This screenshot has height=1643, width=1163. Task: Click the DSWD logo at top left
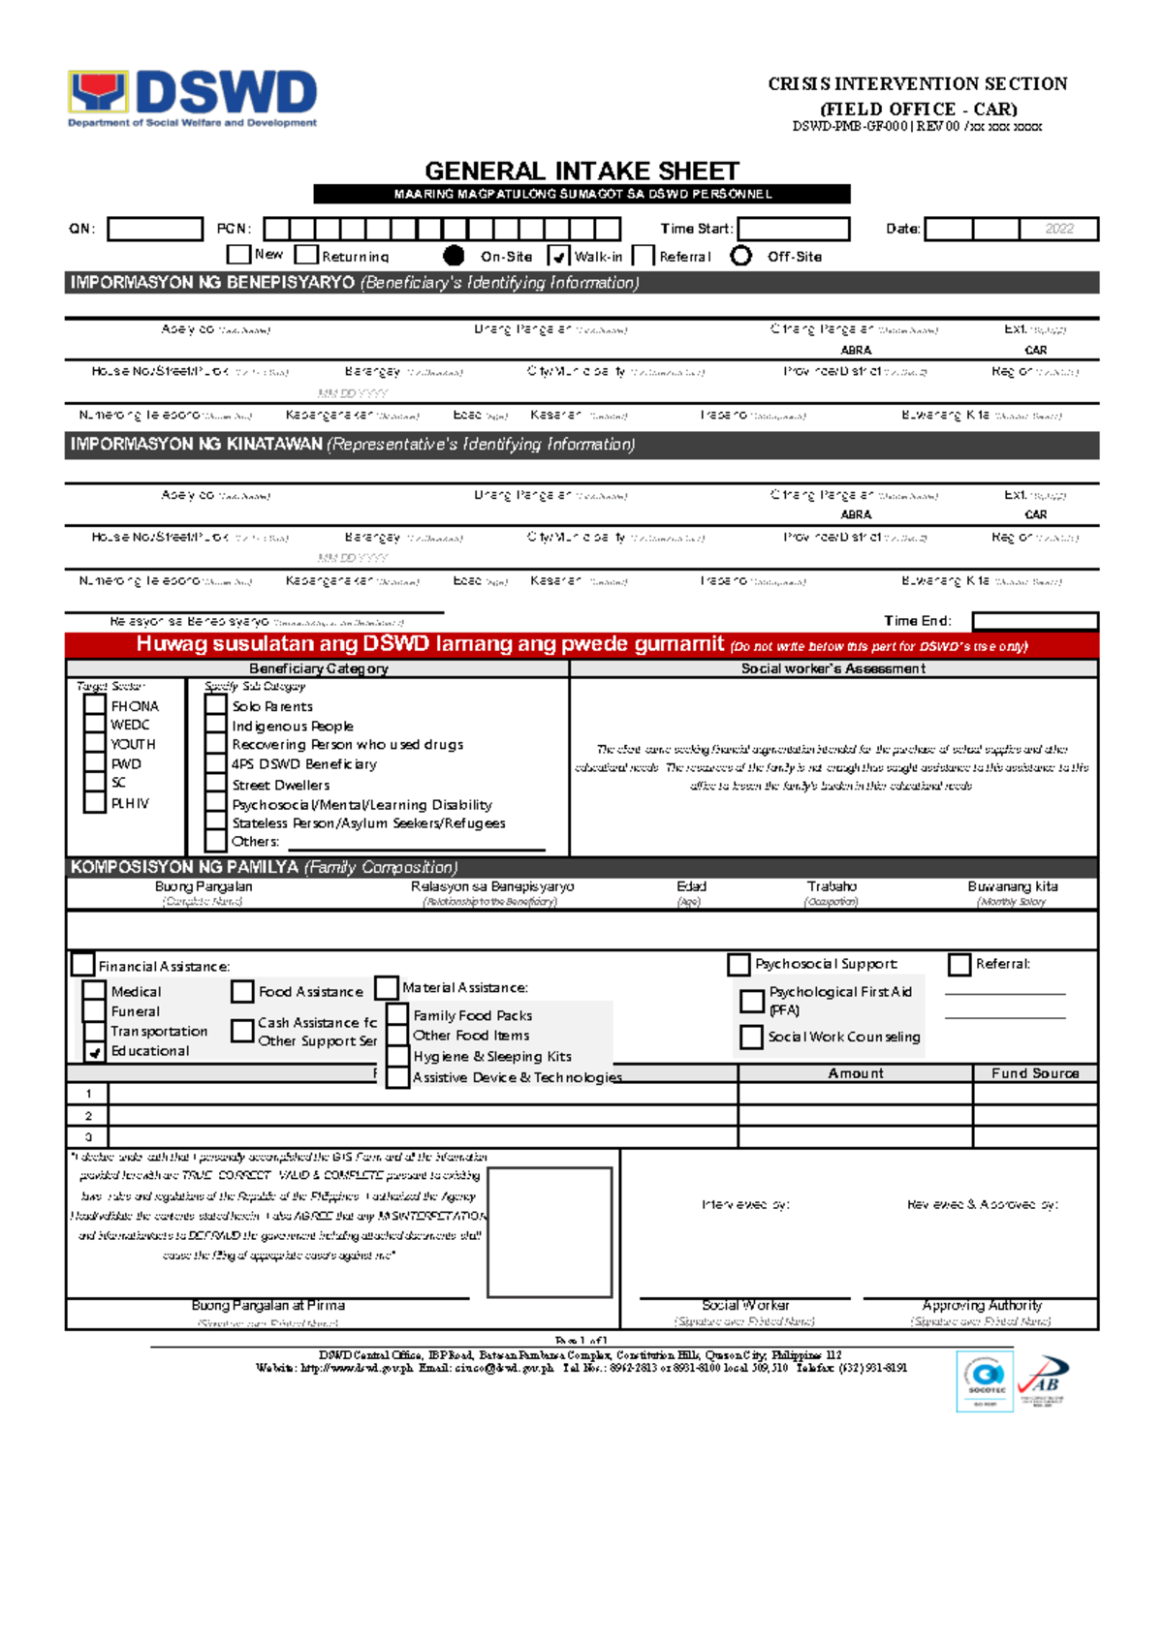tap(192, 97)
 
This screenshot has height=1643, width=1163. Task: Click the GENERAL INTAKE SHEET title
tap(581, 171)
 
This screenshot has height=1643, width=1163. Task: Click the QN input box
tap(155, 230)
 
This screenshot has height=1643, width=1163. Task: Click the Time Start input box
tap(793, 230)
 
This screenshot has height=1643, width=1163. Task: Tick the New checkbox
tap(238, 255)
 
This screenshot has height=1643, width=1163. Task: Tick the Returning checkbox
tap(307, 256)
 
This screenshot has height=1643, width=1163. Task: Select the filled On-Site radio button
tap(454, 256)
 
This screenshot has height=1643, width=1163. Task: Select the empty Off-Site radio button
tap(741, 256)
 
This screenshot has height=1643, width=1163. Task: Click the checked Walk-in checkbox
tap(558, 257)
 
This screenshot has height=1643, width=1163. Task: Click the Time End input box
tap(1034, 621)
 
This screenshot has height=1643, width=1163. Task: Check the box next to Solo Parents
tap(216, 706)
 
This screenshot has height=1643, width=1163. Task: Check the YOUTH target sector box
tap(94, 744)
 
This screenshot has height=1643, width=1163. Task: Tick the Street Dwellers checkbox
tap(216, 785)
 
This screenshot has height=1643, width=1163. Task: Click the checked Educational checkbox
tap(94, 1051)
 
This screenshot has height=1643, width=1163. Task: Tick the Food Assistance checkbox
tap(242, 992)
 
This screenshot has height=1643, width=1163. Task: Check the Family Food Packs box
tap(397, 1015)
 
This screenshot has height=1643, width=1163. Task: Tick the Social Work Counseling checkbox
tap(751, 1037)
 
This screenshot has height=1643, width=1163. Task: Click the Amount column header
tap(855, 1073)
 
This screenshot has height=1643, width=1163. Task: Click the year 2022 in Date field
tap(1058, 230)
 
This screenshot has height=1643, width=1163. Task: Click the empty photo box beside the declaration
tap(550, 1232)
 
